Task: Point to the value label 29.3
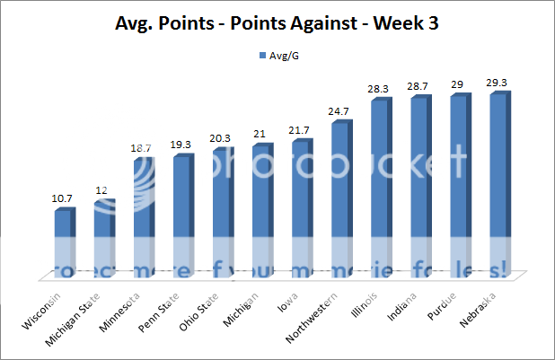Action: click(x=498, y=79)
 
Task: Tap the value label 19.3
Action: click(x=181, y=143)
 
